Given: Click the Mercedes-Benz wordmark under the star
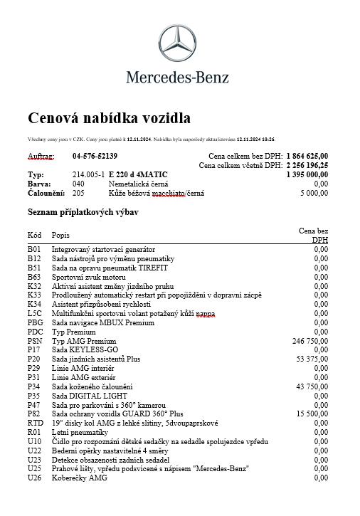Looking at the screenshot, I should point(178,77).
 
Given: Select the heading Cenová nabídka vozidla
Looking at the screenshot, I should point(109,117).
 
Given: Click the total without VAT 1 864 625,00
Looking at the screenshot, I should point(307,156).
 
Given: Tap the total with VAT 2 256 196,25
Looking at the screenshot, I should point(307,165).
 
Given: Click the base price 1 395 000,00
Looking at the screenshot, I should point(307,174).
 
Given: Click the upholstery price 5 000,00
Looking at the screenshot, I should point(314,193).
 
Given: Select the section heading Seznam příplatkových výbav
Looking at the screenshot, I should point(83,212).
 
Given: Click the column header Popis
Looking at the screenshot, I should point(60,235).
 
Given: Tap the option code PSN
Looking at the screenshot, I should point(35,342).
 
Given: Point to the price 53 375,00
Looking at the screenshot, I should point(312,359).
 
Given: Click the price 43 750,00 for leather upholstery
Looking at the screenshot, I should point(312,386).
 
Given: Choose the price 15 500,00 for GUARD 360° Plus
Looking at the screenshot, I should point(312,414).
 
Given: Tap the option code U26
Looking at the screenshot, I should point(35,478).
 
